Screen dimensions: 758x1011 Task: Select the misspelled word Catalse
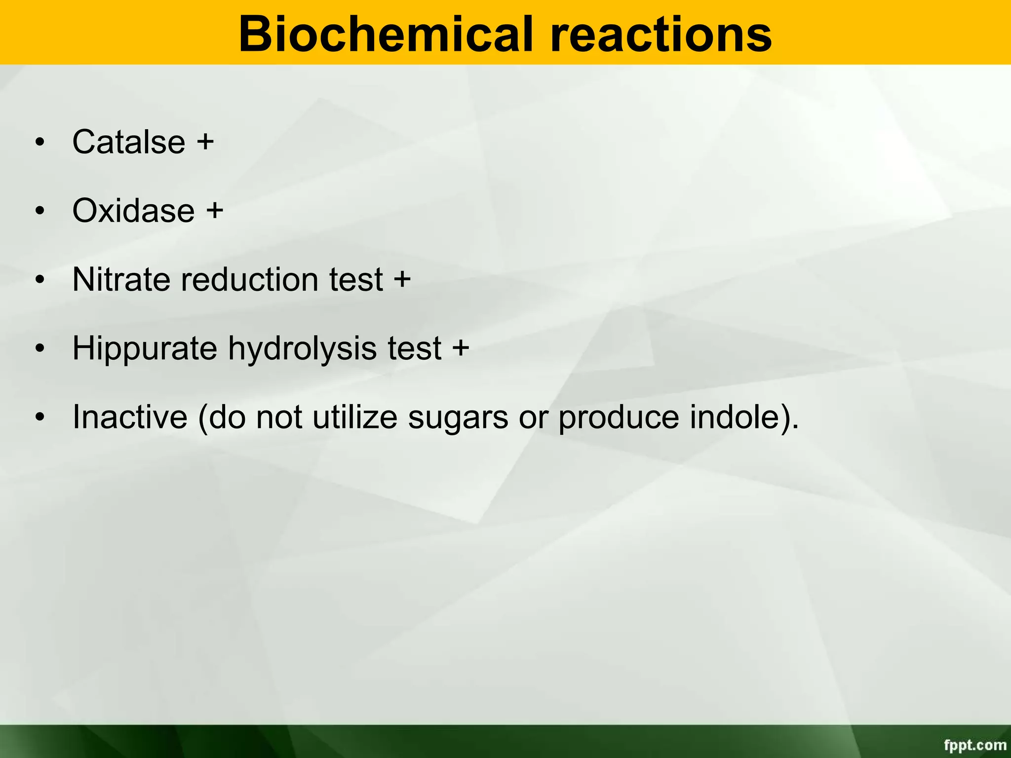[x=129, y=142]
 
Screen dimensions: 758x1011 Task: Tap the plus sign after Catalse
[x=205, y=142]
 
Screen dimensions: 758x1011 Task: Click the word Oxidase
[x=133, y=211]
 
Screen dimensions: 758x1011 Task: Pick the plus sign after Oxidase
[x=215, y=211]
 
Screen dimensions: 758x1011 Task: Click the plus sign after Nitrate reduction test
[x=402, y=279]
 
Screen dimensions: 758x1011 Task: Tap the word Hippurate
[x=145, y=348]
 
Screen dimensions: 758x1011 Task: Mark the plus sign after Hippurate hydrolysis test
[x=460, y=348]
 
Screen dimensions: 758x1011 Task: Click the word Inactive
[x=130, y=417]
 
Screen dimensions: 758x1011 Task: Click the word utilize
[x=354, y=417]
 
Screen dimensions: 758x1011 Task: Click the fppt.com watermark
[x=975, y=745]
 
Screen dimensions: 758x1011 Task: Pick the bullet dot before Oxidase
[x=40, y=211]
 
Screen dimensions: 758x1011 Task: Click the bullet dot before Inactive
[x=40, y=417]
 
